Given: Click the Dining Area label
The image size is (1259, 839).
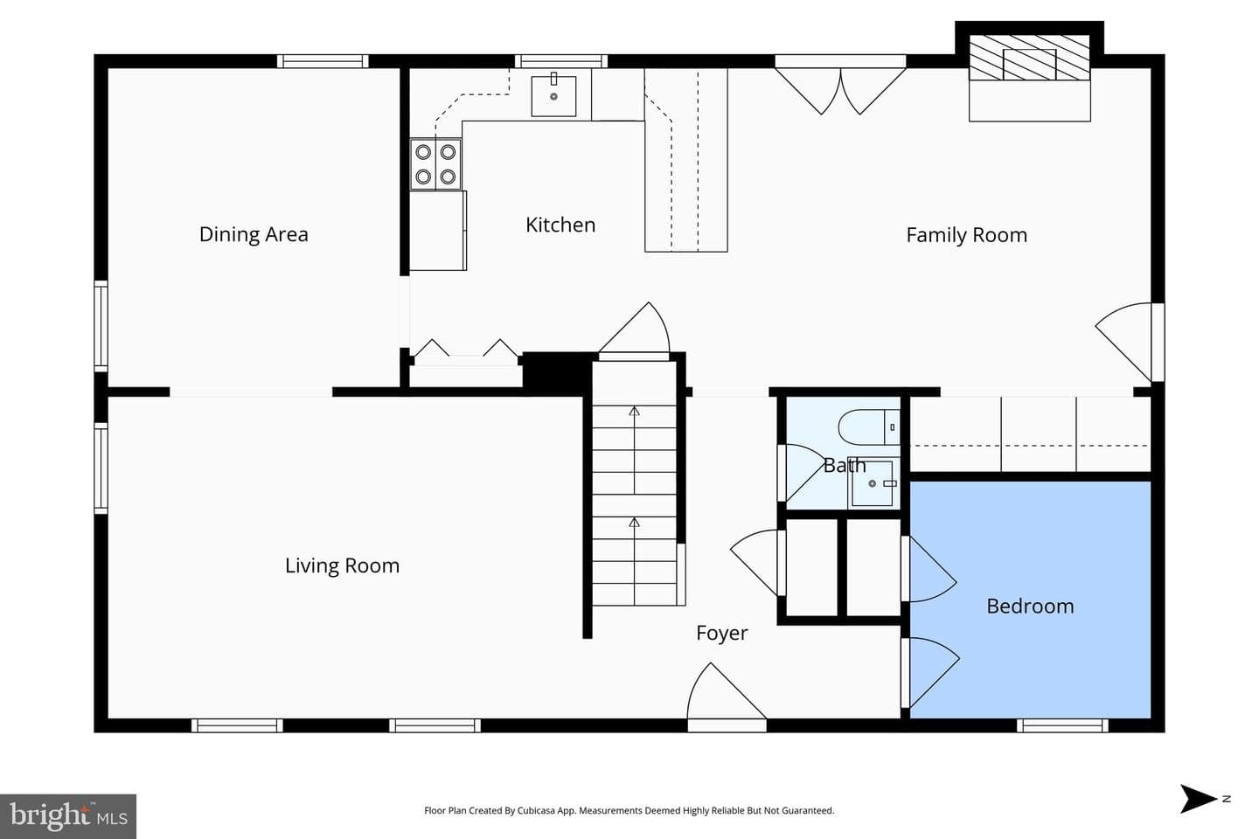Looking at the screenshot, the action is tap(254, 234).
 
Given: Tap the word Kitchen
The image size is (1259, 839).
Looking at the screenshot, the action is tap(560, 225).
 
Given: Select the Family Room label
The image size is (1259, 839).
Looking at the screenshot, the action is tap(967, 235).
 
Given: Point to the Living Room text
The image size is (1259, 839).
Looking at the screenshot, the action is tap(343, 565).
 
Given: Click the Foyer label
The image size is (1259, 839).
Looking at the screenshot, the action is tap(721, 634).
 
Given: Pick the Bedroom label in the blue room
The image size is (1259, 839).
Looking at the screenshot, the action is tap(1030, 606).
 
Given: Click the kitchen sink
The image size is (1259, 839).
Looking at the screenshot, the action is tap(553, 95).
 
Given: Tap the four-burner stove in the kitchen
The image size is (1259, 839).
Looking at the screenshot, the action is tap(435, 164).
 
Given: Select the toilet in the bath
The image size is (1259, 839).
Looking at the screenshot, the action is tap(869, 427).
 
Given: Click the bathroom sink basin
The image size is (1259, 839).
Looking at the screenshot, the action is tap(873, 483).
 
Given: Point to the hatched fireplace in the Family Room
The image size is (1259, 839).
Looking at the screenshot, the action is tap(1030, 58).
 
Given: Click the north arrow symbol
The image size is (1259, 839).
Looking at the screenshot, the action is tap(1199, 799).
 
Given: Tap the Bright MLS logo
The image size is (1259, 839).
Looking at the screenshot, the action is tap(68, 816).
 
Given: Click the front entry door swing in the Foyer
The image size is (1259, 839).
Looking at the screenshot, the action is tap(727, 690).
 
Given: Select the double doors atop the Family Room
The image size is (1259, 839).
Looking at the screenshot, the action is tap(840, 91).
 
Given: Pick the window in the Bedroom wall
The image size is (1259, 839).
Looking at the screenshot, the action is tap(1062, 725).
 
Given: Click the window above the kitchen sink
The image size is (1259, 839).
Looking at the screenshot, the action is tap(561, 60).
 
